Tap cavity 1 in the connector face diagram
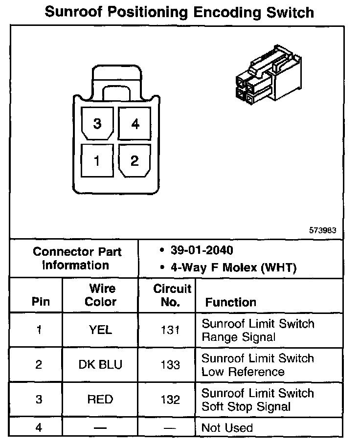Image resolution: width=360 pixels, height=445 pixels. (x=97, y=160)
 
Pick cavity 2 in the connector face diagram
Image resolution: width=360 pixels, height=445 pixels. (x=135, y=160)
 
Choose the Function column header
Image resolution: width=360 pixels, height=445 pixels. (x=230, y=302)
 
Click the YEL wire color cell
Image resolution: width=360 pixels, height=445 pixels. (x=100, y=330)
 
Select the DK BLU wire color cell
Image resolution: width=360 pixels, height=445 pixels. (x=100, y=365)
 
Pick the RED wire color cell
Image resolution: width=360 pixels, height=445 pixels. (x=100, y=400)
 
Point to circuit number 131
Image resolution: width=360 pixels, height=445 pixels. (x=170, y=330)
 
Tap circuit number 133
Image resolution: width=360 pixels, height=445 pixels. (x=170, y=365)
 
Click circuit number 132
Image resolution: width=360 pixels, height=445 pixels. (x=170, y=400)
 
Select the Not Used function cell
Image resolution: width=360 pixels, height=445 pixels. (x=227, y=428)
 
